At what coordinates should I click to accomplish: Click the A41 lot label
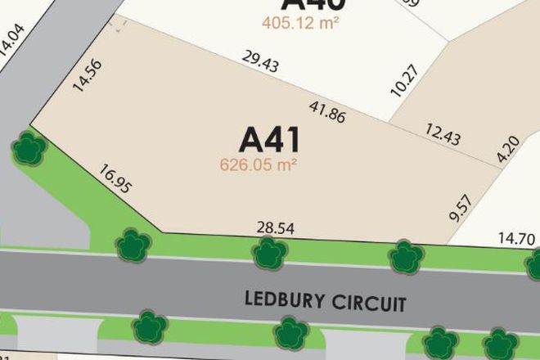(x=269, y=139)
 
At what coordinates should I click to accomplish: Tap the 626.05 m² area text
(x=258, y=164)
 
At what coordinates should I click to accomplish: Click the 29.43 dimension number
(x=261, y=64)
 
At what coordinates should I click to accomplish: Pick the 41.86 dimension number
(x=326, y=110)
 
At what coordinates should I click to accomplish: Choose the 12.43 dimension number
(x=442, y=133)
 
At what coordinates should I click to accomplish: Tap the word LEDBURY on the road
(x=284, y=300)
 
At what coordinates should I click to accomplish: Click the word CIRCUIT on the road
(x=368, y=304)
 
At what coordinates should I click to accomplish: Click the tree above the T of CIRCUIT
(x=406, y=257)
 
